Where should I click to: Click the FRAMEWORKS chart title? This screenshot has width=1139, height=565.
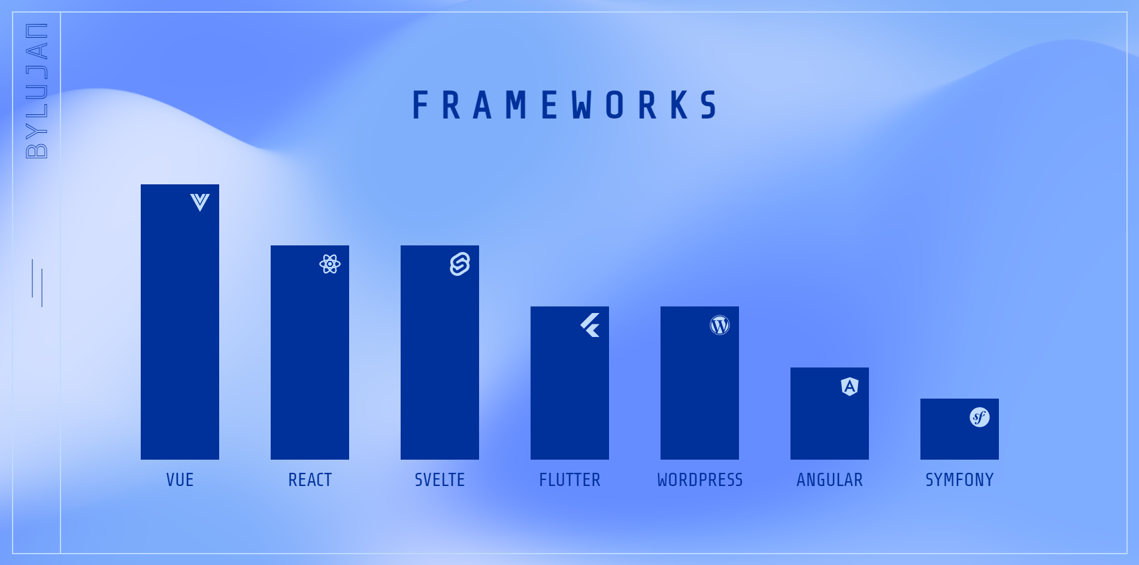(x=565, y=105)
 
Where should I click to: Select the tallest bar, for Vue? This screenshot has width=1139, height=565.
(x=180, y=322)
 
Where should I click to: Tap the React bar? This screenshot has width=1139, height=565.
(x=310, y=353)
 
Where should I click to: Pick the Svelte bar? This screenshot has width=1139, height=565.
(x=440, y=353)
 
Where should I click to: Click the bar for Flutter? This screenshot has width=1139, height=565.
(x=569, y=383)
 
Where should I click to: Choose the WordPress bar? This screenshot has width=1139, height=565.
(x=699, y=383)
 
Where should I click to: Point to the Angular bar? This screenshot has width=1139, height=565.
(x=829, y=414)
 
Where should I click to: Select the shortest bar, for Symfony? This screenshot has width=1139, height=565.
(x=959, y=429)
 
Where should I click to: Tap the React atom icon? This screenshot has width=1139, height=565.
(x=330, y=264)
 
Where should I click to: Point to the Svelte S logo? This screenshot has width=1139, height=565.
(x=460, y=264)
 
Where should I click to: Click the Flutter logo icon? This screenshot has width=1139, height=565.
(x=590, y=325)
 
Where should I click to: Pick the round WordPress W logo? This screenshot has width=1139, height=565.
(x=720, y=325)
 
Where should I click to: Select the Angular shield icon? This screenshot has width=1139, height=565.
(x=850, y=387)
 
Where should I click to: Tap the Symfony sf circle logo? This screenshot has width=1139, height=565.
(x=980, y=417)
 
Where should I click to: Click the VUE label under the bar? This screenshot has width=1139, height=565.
(x=180, y=480)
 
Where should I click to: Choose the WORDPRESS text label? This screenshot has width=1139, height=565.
(x=700, y=480)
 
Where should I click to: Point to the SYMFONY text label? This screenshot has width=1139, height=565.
(x=959, y=480)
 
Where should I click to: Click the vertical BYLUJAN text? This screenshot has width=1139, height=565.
(x=37, y=90)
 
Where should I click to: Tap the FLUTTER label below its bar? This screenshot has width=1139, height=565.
(x=569, y=480)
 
